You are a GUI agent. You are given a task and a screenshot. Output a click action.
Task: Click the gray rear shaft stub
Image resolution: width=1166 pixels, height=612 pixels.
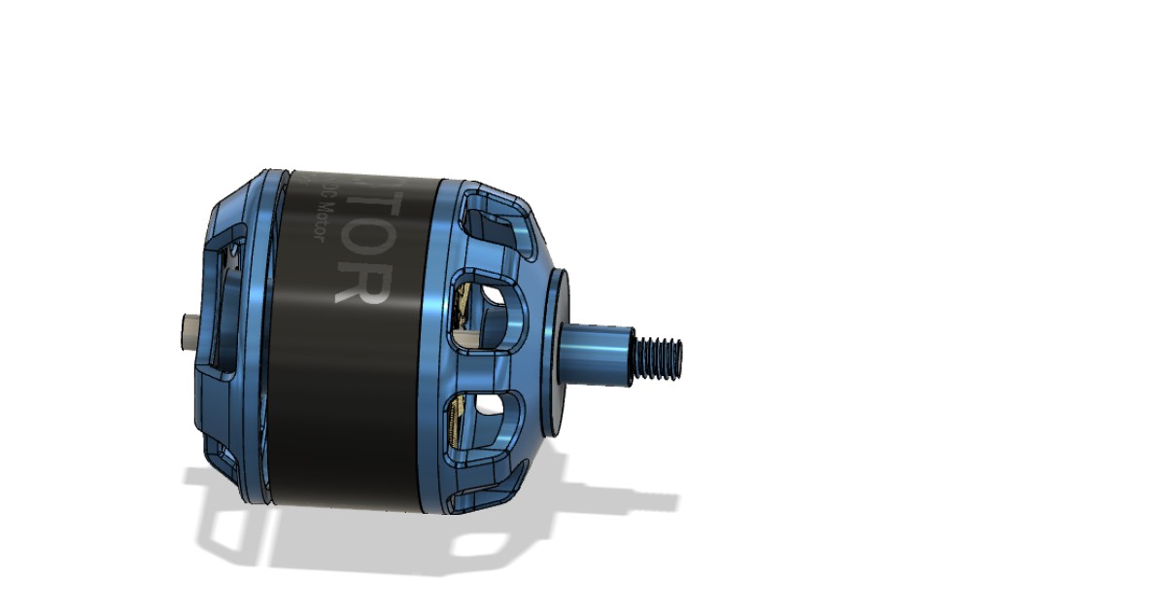pos(185,331)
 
